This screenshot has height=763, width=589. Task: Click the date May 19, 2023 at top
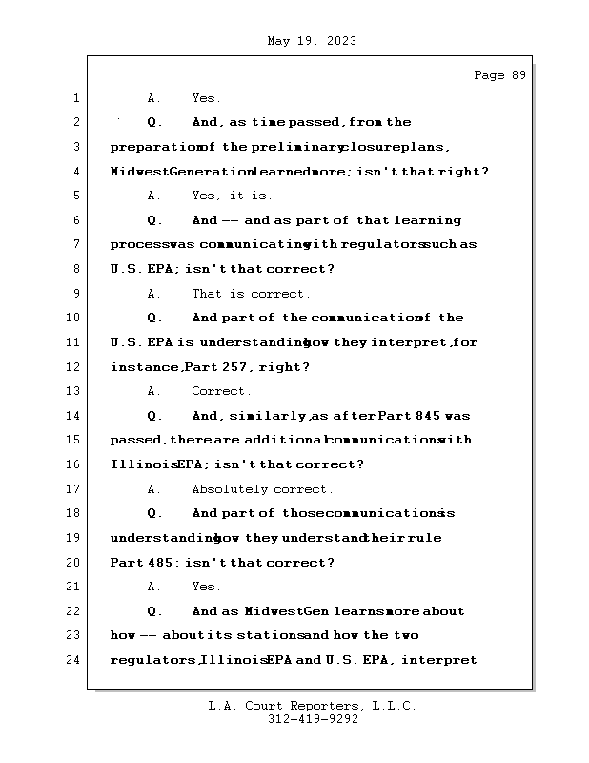312,41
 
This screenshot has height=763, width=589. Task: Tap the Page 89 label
499,75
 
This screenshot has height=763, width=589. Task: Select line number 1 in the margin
75,98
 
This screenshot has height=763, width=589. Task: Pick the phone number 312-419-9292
313,720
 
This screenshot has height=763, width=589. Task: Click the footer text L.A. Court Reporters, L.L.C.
313,706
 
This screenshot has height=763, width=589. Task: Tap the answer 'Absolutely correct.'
262,489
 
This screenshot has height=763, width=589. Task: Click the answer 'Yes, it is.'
232,196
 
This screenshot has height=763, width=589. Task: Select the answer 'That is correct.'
251,294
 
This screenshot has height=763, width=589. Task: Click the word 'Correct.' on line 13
221,391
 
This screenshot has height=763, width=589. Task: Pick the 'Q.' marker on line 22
154,611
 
